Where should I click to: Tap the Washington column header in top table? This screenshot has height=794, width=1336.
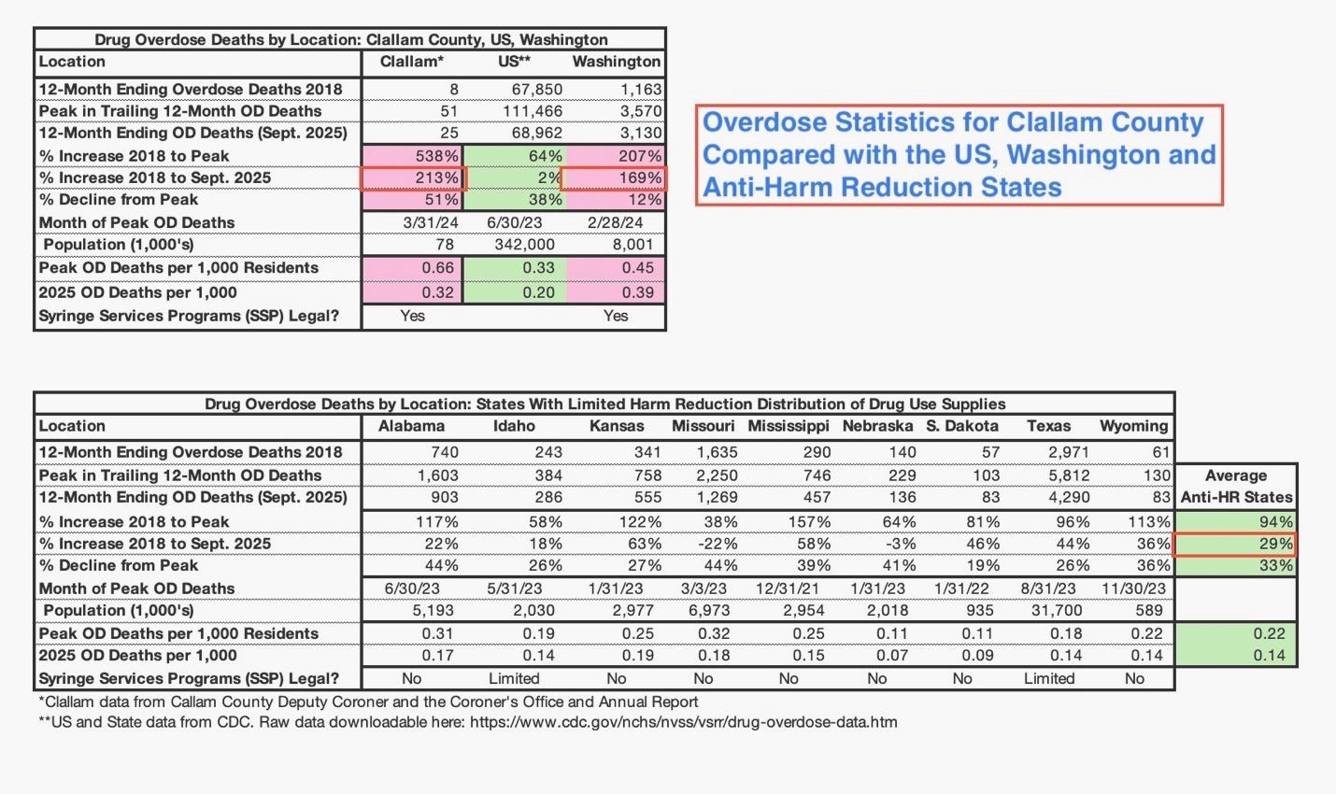(x=616, y=62)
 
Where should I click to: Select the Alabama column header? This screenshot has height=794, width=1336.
(x=411, y=426)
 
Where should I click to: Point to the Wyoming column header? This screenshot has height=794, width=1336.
(x=1133, y=426)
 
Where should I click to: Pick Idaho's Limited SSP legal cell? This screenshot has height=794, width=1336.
(x=514, y=679)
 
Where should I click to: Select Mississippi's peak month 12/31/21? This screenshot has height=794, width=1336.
(x=789, y=588)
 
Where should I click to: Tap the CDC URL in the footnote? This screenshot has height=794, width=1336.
(x=683, y=722)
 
